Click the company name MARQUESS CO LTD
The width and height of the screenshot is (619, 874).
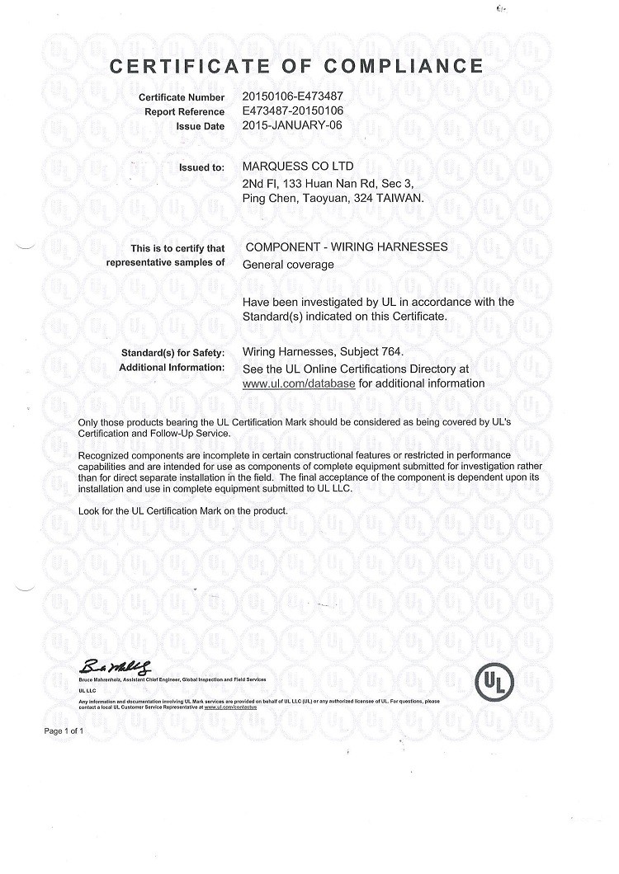299,167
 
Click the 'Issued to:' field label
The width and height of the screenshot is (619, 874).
201,168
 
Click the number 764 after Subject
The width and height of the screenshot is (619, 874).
392,352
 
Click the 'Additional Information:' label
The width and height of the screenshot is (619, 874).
172,368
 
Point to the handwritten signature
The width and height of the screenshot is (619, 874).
116,666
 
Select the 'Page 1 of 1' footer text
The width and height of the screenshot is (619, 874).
63,731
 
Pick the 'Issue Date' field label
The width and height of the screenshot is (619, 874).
200,127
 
